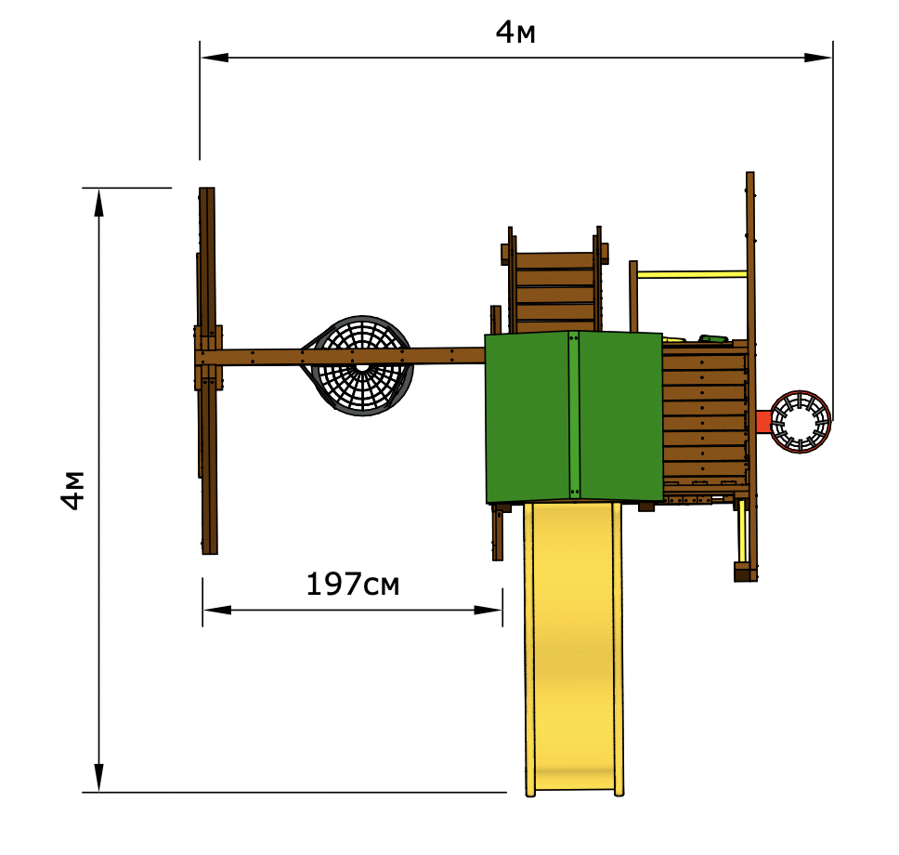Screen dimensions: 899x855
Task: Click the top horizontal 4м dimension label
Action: [x=515, y=33]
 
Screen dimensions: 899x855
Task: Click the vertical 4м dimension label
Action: [x=73, y=490]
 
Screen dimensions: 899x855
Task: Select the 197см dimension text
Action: [x=353, y=585]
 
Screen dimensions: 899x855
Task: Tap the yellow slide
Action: [x=573, y=649]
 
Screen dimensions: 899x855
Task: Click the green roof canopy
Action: [x=574, y=416]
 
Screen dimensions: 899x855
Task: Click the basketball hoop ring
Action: [x=800, y=422]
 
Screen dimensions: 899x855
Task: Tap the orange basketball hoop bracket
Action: [x=762, y=422]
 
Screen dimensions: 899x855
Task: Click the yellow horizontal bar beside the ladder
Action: [x=692, y=274]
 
